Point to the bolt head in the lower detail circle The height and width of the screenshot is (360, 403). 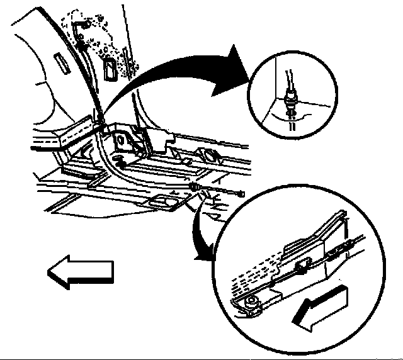[251, 302]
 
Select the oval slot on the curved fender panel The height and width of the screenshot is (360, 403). [64, 65]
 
